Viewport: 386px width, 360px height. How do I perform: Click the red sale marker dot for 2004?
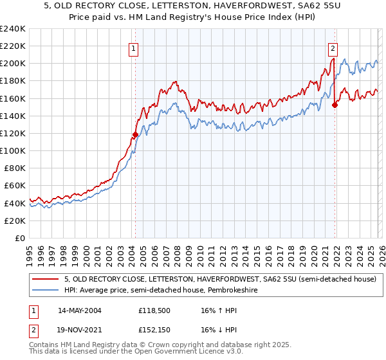click(x=135, y=134)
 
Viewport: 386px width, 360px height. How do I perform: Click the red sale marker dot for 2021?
click(x=335, y=105)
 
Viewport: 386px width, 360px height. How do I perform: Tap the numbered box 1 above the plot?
click(x=133, y=48)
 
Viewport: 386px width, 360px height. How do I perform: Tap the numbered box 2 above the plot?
click(x=333, y=48)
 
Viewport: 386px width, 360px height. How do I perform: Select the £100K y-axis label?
click(x=12, y=150)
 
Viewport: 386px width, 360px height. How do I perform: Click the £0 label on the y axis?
click(x=19, y=238)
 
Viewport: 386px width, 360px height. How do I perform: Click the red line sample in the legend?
click(x=46, y=279)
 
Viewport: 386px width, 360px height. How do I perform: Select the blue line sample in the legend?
click(x=46, y=290)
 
